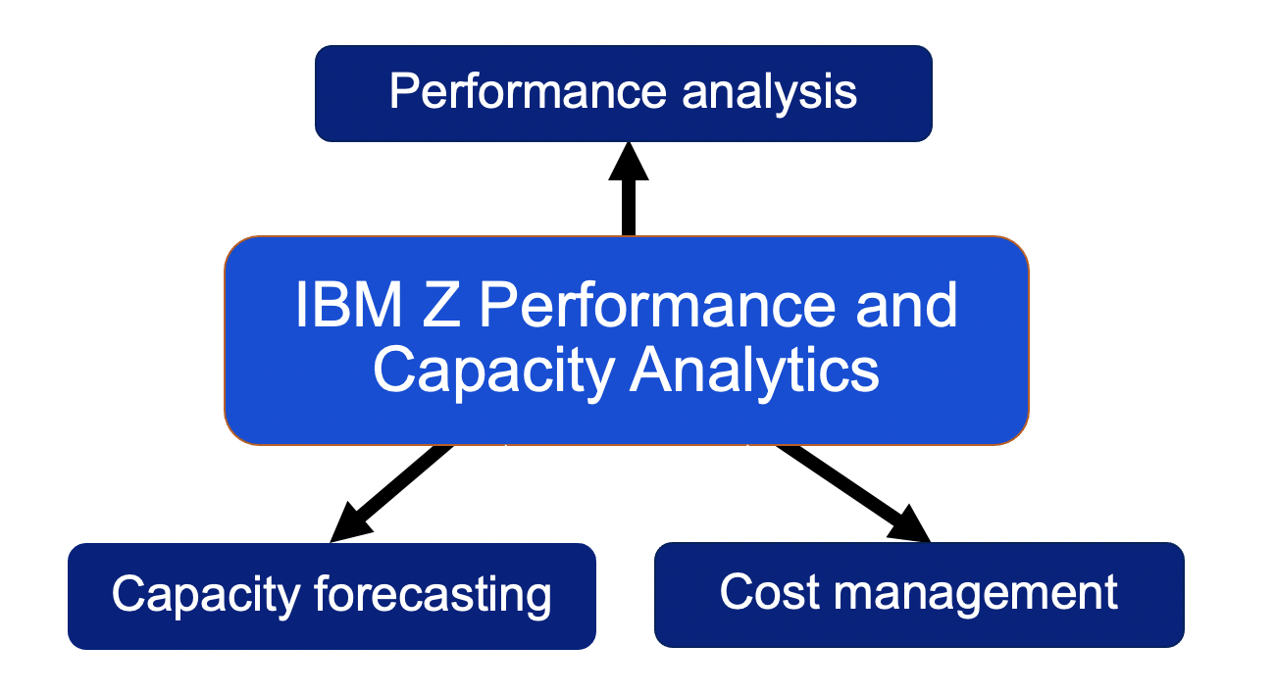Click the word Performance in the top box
(528, 91)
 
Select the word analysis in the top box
(769, 95)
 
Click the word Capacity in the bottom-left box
(206, 597)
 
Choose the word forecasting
(433, 597)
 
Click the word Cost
(769, 592)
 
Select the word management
(976, 596)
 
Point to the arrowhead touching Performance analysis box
(629, 161)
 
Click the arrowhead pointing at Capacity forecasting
(349, 524)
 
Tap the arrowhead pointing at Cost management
(909, 524)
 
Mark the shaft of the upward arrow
(629, 208)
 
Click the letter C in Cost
(739, 592)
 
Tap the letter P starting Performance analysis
(404, 91)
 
